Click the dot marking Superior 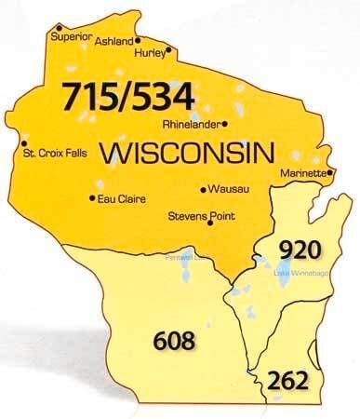point(60,26)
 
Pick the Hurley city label point(153,53)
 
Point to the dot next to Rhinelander point(226,122)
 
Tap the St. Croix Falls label point(55,169)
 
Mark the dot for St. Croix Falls point(23,156)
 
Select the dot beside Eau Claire point(91,197)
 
